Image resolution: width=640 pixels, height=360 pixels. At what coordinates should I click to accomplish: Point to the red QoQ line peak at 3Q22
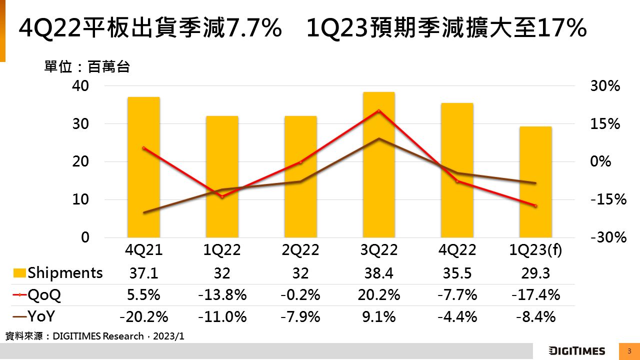coord(379,110)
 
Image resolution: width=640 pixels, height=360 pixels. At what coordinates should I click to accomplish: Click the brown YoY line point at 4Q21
coord(144,212)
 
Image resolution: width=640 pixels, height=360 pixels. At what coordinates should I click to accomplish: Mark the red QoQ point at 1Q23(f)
coord(535,205)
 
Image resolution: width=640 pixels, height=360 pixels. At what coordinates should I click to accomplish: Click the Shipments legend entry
coord(58,273)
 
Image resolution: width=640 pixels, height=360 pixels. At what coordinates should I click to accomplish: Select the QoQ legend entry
coord(37,295)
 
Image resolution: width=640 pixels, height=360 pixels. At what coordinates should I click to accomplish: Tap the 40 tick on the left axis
coord(81,86)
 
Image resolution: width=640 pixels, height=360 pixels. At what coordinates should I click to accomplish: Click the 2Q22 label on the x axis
coord(300,250)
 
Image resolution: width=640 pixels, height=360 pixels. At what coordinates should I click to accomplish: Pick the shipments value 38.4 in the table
coord(379,273)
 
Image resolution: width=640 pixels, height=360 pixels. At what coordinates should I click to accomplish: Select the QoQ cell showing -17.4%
coord(535,295)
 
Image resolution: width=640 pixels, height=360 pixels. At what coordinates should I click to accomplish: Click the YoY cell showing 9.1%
coord(379,316)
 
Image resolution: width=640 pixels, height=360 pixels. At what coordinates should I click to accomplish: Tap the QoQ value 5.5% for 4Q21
coord(144,295)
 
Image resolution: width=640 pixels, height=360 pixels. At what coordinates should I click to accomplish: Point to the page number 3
coord(629,351)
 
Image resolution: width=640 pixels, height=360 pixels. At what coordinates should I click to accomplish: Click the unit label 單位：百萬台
coord(87,67)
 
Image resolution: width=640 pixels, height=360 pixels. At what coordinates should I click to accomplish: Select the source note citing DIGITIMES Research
coord(95,336)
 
